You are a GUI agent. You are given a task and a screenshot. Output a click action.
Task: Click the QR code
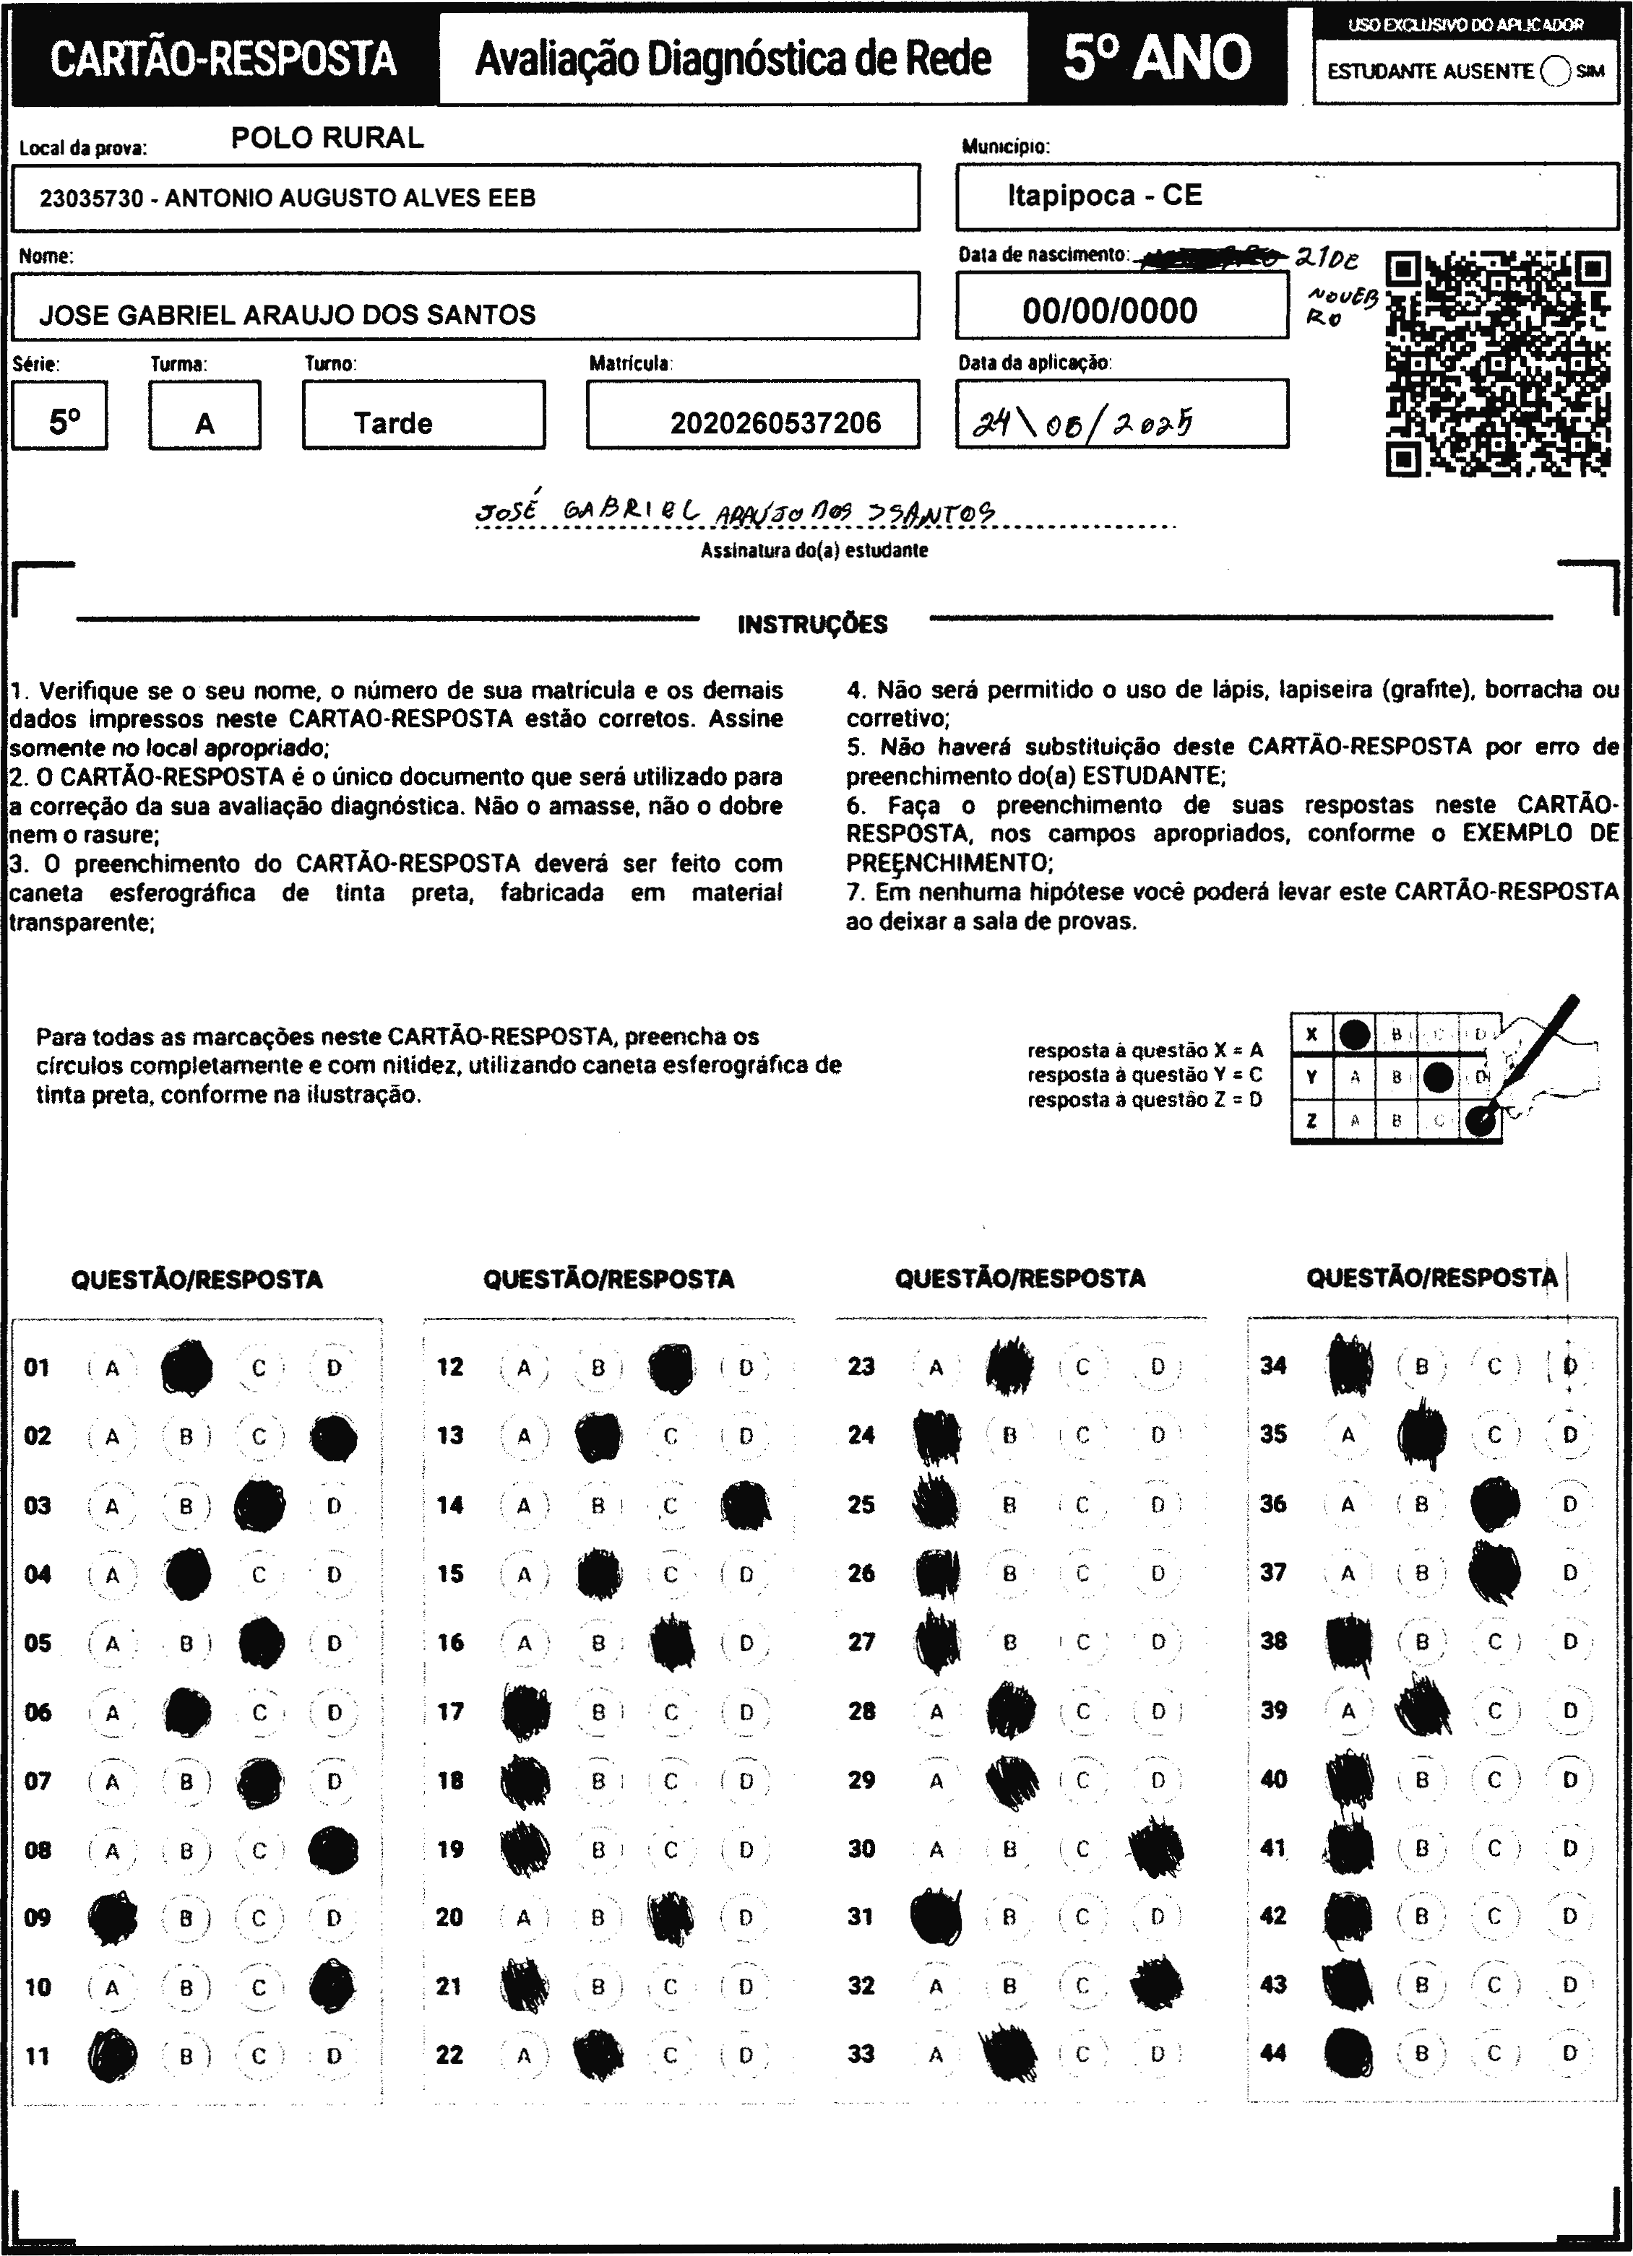1498,364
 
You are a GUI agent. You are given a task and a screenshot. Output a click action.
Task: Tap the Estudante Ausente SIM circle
1554,71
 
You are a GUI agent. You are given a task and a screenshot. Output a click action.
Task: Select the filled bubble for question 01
186,1368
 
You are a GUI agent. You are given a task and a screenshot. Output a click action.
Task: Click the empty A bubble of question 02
111,1436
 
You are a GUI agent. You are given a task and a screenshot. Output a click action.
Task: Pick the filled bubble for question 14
744,1505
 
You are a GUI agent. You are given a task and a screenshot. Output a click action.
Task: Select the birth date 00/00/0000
1110,311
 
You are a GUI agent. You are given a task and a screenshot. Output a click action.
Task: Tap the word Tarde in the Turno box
393,424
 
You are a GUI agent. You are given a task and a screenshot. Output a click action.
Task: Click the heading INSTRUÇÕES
812,625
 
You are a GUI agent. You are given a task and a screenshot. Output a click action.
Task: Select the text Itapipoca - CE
1105,196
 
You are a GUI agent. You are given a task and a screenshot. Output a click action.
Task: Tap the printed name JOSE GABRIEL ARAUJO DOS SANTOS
287,316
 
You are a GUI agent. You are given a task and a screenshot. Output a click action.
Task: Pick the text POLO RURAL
327,138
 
